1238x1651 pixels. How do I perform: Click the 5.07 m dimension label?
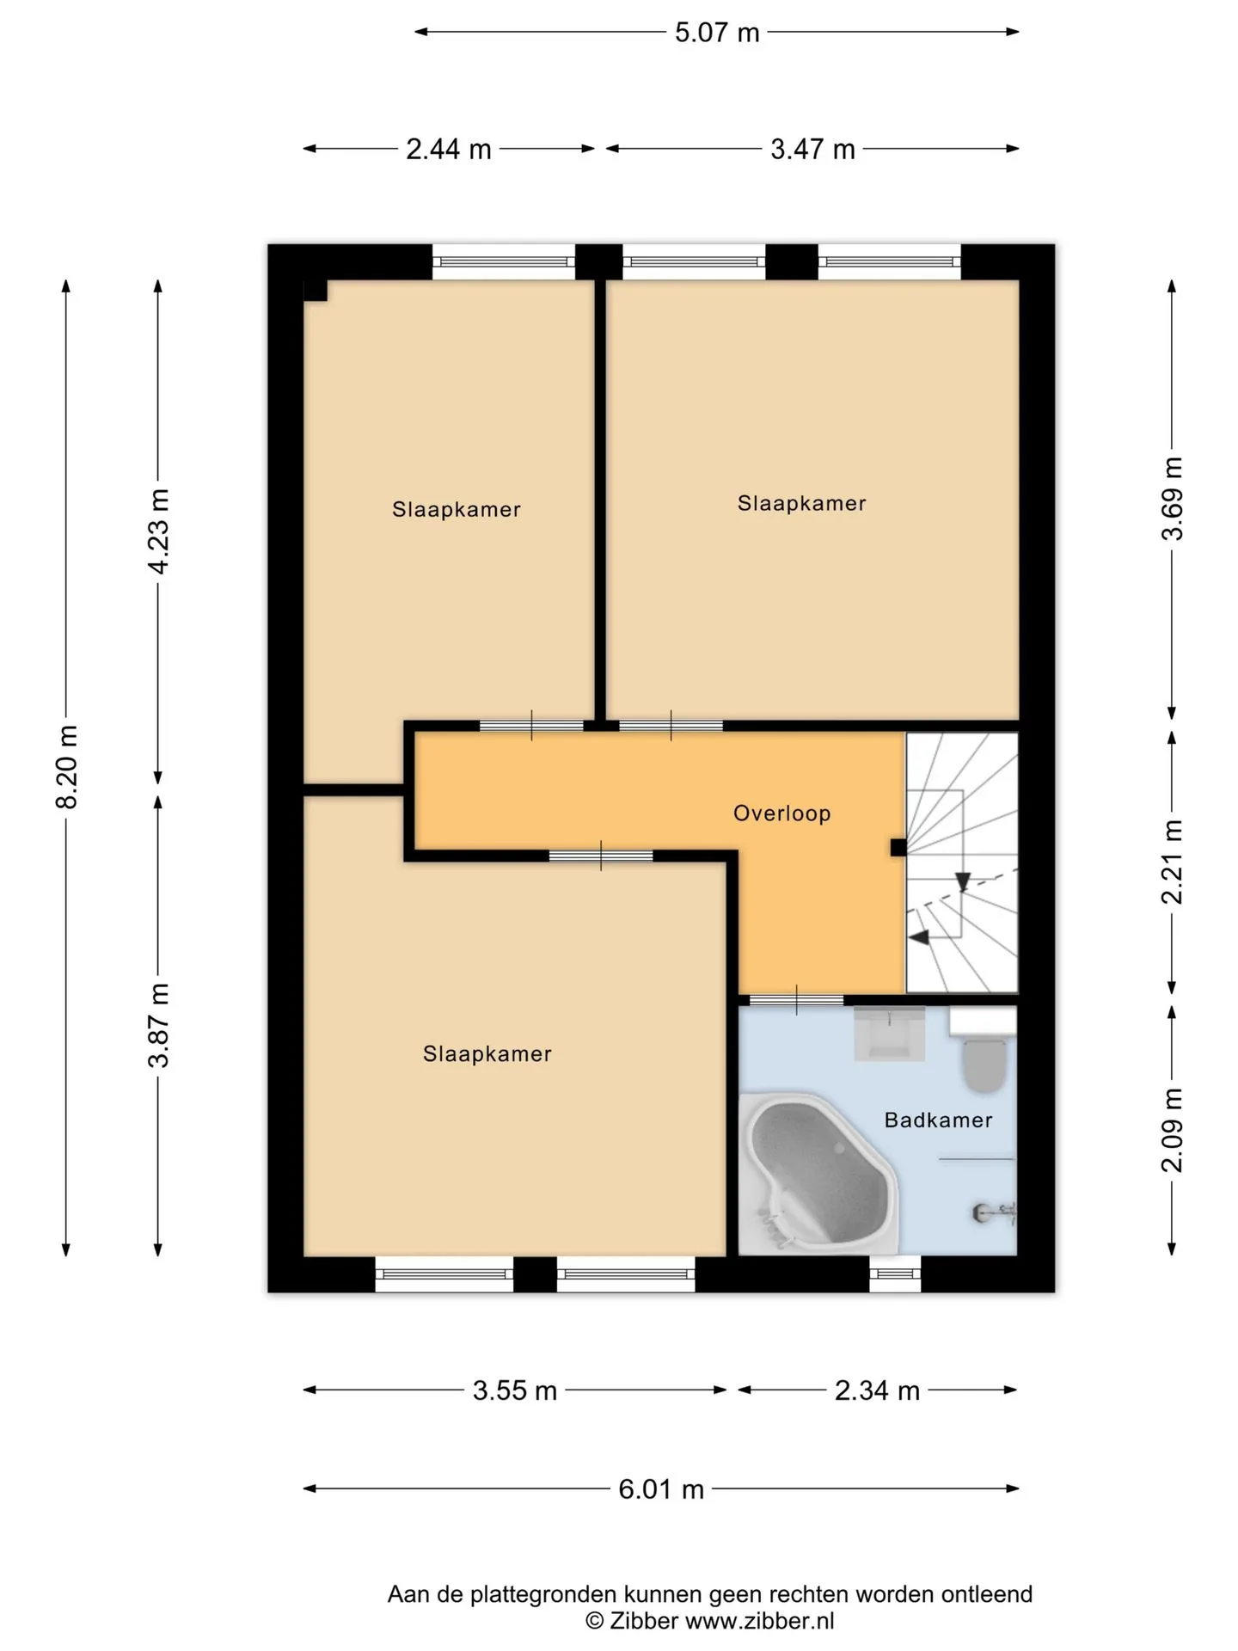(717, 33)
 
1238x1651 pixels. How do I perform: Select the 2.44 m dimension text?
(449, 150)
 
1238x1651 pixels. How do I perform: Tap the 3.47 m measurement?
(812, 150)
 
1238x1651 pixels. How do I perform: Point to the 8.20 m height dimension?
(67, 767)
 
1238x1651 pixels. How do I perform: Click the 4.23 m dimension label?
(159, 531)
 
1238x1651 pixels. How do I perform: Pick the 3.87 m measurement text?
(159, 1025)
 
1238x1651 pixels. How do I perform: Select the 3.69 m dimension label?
(1173, 498)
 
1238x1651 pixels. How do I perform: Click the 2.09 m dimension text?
(1173, 1131)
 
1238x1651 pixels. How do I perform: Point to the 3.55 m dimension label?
(515, 1390)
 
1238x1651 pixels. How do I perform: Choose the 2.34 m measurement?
(877, 1390)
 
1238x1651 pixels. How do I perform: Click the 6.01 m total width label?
(661, 1489)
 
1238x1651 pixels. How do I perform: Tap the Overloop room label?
(781, 813)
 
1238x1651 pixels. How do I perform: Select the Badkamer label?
(938, 1120)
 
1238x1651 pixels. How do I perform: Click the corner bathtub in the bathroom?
(818, 1172)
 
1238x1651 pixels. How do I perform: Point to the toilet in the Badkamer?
(984, 1051)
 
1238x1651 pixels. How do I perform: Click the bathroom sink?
(889, 1034)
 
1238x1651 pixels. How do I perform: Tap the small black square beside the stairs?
(898, 848)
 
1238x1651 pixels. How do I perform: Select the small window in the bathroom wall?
(895, 1274)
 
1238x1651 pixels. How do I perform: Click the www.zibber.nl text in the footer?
(759, 1621)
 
